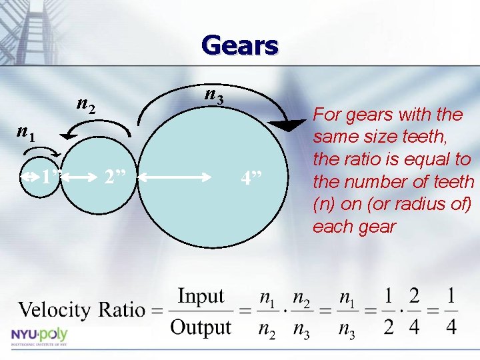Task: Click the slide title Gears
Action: coord(239,46)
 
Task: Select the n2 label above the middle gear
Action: coord(86,104)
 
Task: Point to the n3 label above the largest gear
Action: coord(213,96)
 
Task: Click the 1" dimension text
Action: coord(49,178)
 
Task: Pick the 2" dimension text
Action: coord(117,178)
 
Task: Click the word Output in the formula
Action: coord(200,327)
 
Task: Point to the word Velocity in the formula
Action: coord(55,310)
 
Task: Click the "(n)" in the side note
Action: coord(325,204)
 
